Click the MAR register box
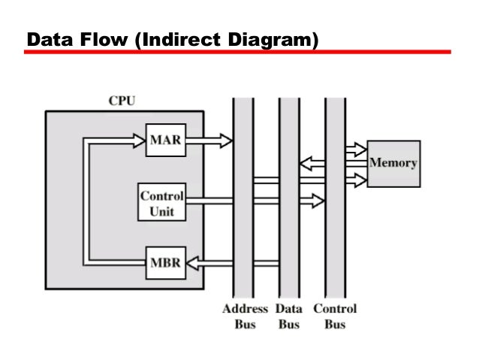point(164,139)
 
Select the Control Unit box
point(161,202)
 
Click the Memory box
point(393,163)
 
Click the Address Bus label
point(245,316)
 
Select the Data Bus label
point(290,316)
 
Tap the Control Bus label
point(335,316)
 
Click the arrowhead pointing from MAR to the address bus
point(226,139)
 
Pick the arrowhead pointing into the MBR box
point(191,262)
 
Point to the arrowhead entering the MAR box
point(138,139)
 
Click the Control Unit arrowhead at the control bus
point(318,200)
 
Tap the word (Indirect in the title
point(175,38)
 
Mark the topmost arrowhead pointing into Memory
point(359,148)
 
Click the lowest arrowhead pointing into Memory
point(359,179)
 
